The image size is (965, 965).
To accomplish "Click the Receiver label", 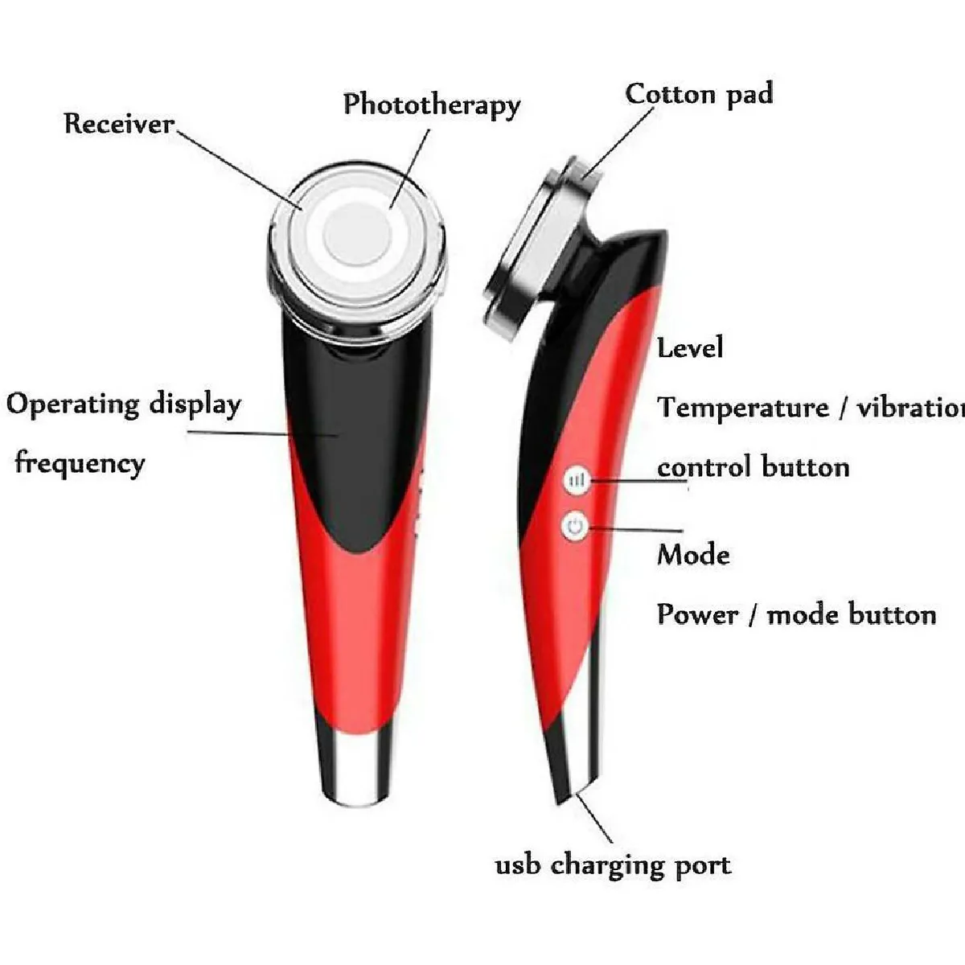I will pos(119,124).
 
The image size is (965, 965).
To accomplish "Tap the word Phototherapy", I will pos(432,105).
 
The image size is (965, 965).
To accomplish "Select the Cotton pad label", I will pos(699,94).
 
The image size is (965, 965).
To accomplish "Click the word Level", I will pos(690,347).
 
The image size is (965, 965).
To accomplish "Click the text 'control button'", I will pos(753,467).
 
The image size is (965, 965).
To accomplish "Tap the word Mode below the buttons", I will pos(693,555).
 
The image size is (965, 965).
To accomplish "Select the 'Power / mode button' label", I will pos(796,615).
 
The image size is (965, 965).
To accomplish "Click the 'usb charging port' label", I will pos(613,866).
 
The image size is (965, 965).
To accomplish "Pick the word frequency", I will pos(80,463).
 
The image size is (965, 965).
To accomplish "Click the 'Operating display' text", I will pos(124,404).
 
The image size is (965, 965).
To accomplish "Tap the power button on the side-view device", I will pos(574,527).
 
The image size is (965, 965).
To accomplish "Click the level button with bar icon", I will pos(577,480).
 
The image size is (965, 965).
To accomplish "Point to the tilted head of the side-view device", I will pos(540,249).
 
